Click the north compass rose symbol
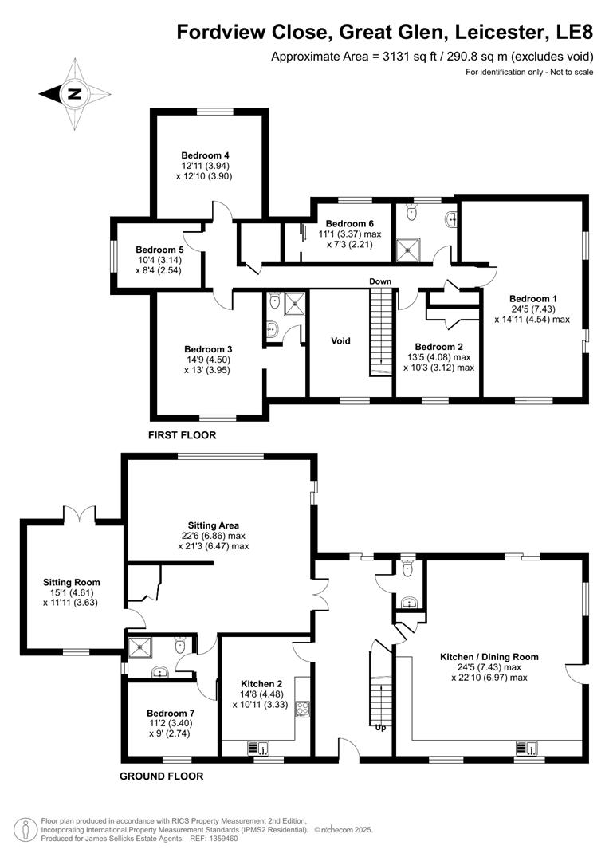[74, 93]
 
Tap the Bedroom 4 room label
[205, 155]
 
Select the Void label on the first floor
[340, 340]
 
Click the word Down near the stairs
[379, 281]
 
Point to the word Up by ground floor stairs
[379, 727]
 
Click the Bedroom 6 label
[349, 223]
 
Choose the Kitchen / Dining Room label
[489, 657]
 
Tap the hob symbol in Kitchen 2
[303, 708]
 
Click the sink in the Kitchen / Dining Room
[526, 747]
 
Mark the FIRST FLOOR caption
[183, 435]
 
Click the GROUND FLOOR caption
[161, 776]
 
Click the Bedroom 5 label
[159, 249]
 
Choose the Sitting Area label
[214, 525]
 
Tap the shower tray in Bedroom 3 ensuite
[296, 302]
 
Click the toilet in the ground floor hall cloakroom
[407, 569]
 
